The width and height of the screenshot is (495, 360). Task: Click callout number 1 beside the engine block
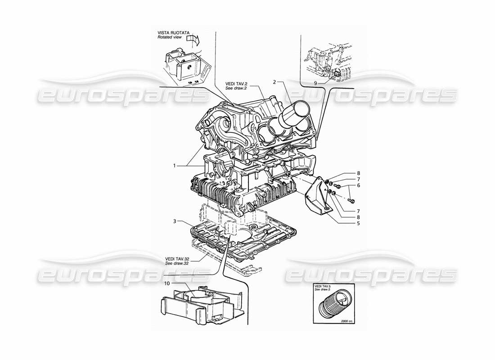pos(174,166)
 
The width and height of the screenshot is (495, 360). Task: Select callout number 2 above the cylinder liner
pos(274,82)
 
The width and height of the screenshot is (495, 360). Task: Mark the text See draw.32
pos(177,264)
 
